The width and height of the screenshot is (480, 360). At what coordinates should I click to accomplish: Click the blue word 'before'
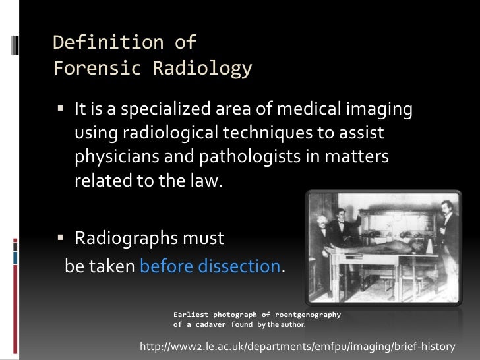coord(163,266)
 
